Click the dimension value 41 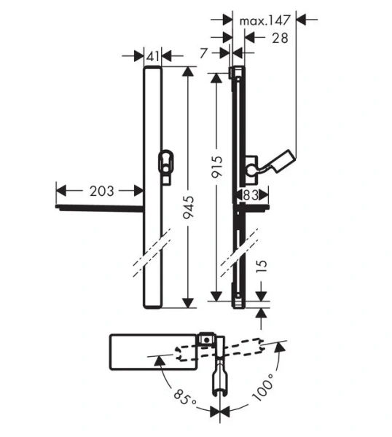(x=153, y=55)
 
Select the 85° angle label (x=184, y=399)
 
